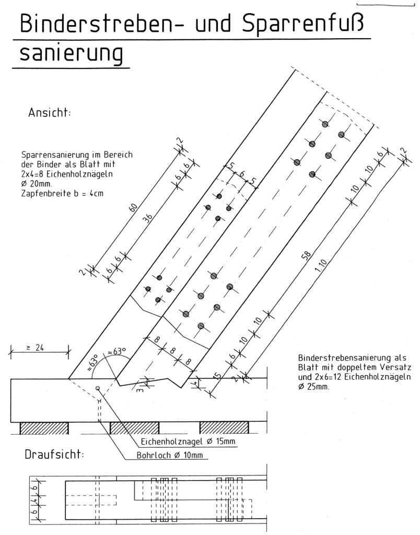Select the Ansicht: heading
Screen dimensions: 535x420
[x=50, y=114]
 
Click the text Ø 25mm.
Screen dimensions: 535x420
[x=314, y=387]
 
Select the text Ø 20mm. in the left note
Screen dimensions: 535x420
[x=36, y=184]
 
